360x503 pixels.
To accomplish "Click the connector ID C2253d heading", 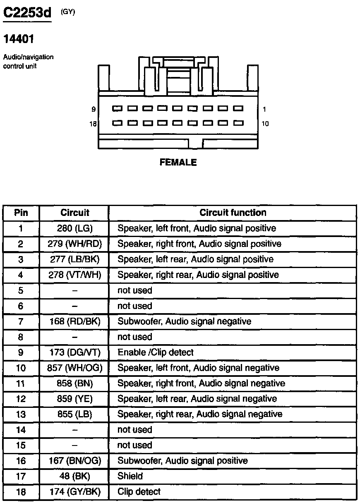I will (27, 13).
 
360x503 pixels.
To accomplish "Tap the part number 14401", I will (19, 39).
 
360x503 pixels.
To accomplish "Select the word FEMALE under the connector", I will (178, 163).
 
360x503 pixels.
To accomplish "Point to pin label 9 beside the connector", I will (94, 109).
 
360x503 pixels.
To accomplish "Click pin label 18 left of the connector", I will (93, 124).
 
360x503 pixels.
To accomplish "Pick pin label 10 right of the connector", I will (265, 124).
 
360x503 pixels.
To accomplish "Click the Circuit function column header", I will (233, 213).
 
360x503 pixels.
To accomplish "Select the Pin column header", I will (21, 213).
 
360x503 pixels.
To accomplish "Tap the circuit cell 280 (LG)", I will (74, 228).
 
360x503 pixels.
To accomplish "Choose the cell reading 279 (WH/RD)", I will (74, 244).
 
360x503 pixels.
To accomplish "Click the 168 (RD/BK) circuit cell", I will (74, 321).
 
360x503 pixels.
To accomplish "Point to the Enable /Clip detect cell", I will (156, 352).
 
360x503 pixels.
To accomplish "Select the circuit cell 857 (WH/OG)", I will (74, 368).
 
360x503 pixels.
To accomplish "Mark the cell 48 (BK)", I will (74, 476).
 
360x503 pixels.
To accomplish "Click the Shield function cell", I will (130, 476).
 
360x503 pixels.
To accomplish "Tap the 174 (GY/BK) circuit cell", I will (74, 492).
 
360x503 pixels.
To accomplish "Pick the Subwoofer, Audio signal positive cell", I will (182, 461).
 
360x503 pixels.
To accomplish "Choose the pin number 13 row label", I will (21, 414).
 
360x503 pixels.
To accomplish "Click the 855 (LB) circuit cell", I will (74, 414).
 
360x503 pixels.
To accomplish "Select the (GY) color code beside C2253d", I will (68, 12).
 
